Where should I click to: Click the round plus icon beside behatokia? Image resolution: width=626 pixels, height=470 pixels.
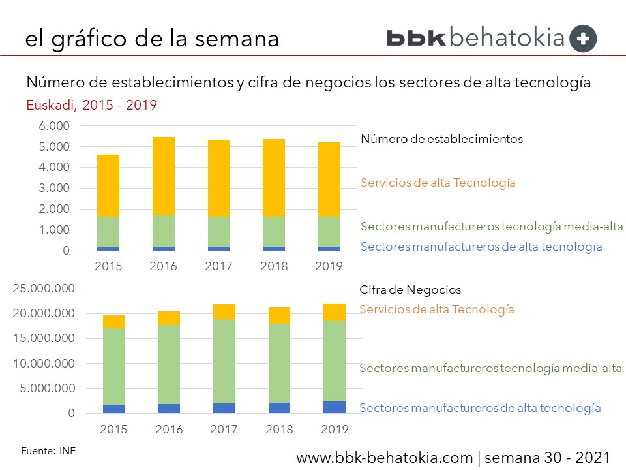tap(583, 38)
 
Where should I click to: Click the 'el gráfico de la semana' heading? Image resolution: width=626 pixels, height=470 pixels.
tap(152, 38)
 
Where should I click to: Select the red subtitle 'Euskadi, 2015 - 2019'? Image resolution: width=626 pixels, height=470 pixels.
tap(91, 104)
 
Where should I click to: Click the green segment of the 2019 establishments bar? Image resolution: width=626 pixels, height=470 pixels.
tap(329, 232)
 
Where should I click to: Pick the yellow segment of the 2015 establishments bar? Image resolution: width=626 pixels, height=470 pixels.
tap(109, 186)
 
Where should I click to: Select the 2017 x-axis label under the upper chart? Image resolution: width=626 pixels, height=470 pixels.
tap(219, 266)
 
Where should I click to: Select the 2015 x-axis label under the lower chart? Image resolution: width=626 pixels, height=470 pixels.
tap(114, 429)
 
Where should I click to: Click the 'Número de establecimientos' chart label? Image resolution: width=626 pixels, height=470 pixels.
tap(441, 139)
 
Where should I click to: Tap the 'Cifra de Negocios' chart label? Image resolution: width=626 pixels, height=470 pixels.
tap(410, 290)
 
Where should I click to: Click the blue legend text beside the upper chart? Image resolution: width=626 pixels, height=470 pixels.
tap(481, 247)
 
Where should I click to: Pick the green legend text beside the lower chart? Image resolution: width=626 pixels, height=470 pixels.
tap(490, 368)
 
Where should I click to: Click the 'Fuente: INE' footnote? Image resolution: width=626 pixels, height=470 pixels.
tap(48, 450)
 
